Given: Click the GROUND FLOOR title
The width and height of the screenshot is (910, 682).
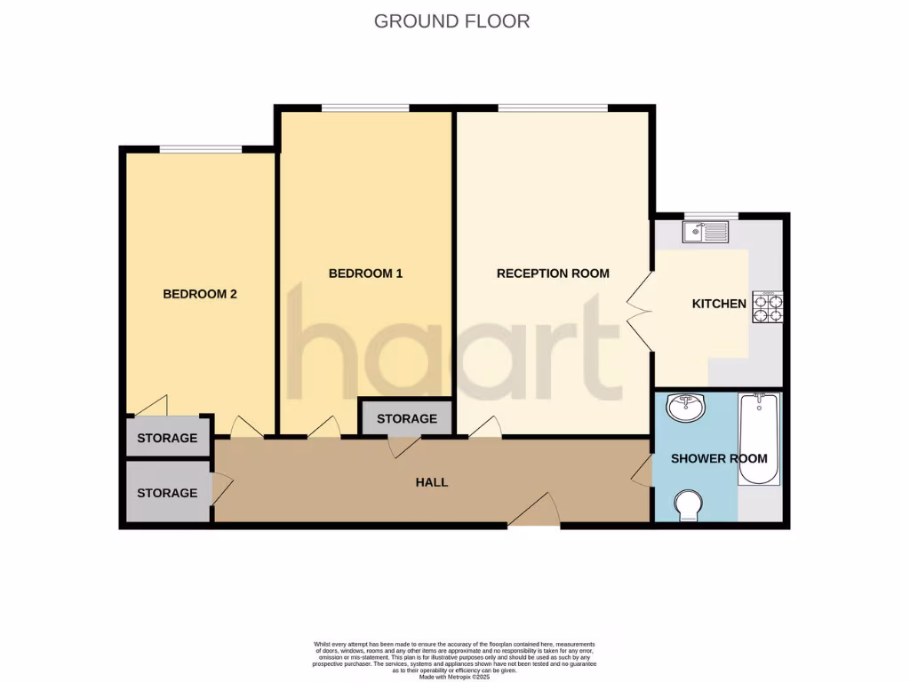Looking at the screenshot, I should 451,20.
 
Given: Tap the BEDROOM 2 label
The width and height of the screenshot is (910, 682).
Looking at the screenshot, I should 199,294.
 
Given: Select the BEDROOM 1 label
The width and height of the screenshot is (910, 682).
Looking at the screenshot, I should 365,274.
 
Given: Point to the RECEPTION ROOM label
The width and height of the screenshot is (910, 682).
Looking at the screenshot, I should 553,274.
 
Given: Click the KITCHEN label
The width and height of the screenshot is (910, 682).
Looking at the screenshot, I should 719,304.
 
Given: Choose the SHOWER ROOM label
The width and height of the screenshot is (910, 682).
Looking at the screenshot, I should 719,458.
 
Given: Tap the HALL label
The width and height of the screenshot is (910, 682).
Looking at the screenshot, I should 432,482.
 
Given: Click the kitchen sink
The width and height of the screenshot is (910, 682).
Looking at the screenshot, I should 705,233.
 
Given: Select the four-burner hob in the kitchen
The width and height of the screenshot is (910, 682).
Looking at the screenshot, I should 768,306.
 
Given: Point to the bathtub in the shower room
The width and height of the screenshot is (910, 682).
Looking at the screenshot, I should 759,440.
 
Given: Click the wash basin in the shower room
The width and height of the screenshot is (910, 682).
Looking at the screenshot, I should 684,409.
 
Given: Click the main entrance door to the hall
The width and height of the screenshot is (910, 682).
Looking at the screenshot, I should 533,513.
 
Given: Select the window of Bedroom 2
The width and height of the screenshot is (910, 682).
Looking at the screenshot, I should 200,148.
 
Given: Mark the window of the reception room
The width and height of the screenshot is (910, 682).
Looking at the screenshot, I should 553,108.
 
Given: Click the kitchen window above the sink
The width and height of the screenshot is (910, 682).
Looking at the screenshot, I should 710,216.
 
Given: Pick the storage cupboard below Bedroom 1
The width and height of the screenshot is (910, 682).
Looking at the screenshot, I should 406,418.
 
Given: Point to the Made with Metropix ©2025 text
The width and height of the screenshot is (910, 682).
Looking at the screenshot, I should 454,677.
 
